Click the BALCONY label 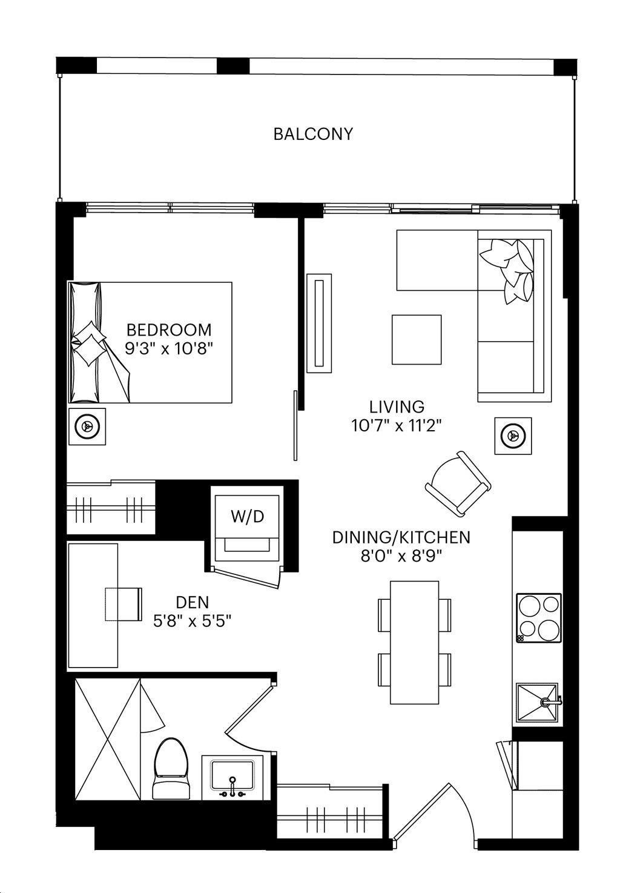(313, 134)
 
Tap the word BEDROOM (169, 330)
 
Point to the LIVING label (397, 407)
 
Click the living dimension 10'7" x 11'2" (397, 426)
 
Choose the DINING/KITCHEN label (401, 537)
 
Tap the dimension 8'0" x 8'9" (402, 556)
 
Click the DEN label (193, 602)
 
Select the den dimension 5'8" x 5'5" (193, 621)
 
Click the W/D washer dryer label (247, 517)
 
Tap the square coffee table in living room (417, 340)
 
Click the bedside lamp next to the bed (87, 426)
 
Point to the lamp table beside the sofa (513, 436)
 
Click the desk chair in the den (124, 604)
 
